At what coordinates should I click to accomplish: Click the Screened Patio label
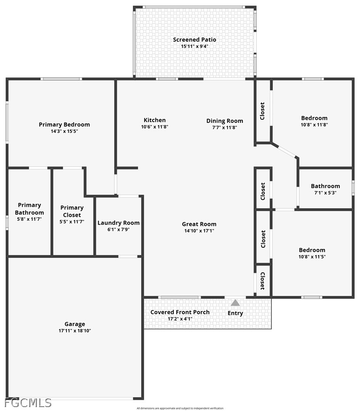195,40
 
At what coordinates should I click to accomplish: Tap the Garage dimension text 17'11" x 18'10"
75,331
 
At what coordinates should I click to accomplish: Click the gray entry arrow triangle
235,303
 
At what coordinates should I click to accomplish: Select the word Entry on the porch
235,313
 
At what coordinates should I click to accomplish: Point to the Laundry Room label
119,223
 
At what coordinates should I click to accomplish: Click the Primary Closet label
72,211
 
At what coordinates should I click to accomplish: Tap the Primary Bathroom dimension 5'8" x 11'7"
30,219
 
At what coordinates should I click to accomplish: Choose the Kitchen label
155,120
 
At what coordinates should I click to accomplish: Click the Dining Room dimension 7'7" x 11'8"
225,127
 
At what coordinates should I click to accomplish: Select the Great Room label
199,224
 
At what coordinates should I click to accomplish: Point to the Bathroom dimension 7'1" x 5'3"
325,192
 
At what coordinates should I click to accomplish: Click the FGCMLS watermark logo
28,403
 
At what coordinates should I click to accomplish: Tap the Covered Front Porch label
180,312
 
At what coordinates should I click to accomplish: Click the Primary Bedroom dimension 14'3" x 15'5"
64,131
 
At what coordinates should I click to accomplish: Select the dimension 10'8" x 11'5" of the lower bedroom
312,257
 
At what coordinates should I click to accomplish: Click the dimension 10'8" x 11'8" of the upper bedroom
314,125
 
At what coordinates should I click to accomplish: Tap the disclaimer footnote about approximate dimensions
180,408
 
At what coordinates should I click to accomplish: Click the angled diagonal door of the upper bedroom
287,152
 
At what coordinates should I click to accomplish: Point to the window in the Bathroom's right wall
353,188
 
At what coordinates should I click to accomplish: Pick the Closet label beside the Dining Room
262,111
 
